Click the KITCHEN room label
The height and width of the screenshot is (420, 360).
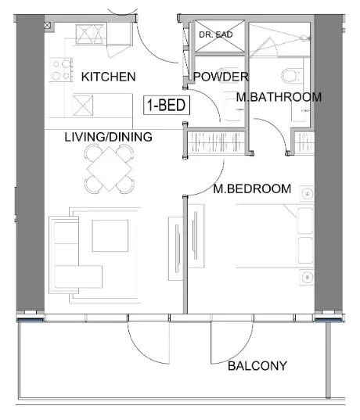(108, 77)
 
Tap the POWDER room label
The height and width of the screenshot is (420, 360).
(221, 77)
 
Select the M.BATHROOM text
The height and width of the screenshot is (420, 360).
(279, 97)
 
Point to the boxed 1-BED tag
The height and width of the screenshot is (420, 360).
(166, 105)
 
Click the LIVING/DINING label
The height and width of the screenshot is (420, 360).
(108, 137)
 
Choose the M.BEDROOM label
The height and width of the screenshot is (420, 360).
(252, 188)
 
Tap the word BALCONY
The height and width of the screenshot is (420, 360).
(257, 365)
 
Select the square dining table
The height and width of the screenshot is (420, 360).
(107, 167)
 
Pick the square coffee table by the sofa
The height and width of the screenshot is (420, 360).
(110, 235)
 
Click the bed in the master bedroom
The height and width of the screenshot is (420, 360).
(266, 235)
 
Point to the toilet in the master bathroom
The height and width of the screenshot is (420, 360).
(290, 77)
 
